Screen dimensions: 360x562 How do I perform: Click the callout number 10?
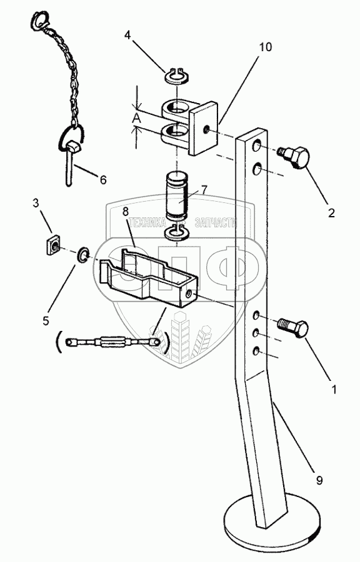tap(266, 47)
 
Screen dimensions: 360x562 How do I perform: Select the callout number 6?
tap(103, 179)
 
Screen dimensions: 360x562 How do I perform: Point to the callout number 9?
tap(319, 480)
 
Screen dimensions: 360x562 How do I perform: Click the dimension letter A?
tap(136, 118)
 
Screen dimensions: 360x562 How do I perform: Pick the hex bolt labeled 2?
tap(294, 156)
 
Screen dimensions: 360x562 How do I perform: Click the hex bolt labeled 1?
tap(293, 328)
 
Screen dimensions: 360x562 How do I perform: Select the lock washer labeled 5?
tap(82, 254)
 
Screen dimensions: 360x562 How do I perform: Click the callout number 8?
tap(125, 212)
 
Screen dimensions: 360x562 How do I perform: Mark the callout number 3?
tap(36, 203)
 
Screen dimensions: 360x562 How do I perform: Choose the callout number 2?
tap(331, 213)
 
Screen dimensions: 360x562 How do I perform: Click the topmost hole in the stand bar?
tap(257, 146)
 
